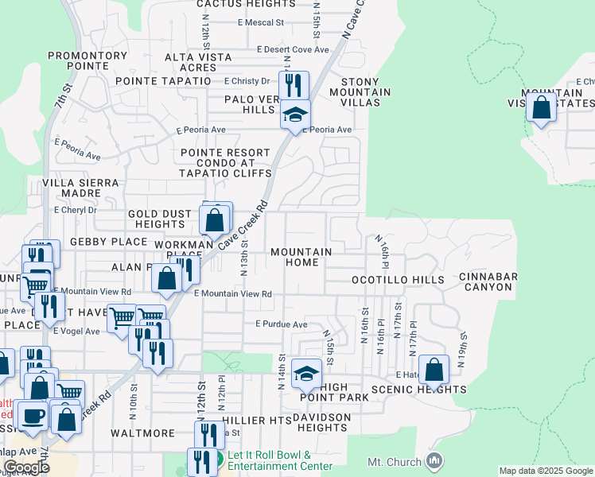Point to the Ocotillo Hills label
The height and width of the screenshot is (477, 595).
tap(398, 281)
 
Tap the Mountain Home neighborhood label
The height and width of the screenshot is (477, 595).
tap(301, 258)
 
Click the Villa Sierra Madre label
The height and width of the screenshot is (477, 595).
tap(80, 188)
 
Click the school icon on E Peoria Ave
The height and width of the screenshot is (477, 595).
tap(295, 116)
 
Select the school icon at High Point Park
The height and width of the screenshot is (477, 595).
tap(306, 372)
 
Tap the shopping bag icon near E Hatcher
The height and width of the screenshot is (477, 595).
tap(434, 369)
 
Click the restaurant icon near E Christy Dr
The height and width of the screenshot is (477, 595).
tap(294, 84)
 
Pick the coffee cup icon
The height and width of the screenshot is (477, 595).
tap(33, 415)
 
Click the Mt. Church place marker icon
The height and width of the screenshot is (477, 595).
tap(434, 460)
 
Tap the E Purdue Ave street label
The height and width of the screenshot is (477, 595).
tap(281, 324)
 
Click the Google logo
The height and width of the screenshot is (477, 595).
tap(25, 467)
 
